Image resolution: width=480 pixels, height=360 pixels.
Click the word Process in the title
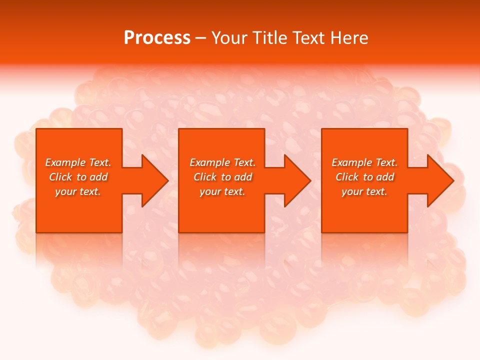(x=157, y=38)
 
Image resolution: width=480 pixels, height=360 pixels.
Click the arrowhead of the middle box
(x=297, y=180)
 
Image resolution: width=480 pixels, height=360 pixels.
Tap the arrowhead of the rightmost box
(x=440, y=180)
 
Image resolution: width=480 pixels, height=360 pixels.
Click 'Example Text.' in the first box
(x=78, y=162)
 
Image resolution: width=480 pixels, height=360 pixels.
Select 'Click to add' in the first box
(x=78, y=177)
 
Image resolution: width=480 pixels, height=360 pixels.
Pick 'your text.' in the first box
(x=78, y=191)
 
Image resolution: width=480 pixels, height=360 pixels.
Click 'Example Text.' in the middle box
(x=222, y=162)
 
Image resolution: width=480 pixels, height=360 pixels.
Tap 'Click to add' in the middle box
(x=222, y=177)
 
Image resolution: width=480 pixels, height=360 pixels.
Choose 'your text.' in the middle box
(x=222, y=191)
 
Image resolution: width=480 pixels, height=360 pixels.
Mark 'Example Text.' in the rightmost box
(x=364, y=162)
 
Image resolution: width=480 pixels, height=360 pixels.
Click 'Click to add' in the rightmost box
(x=364, y=177)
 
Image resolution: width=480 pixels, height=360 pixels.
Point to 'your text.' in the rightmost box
(x=364, y=191)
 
